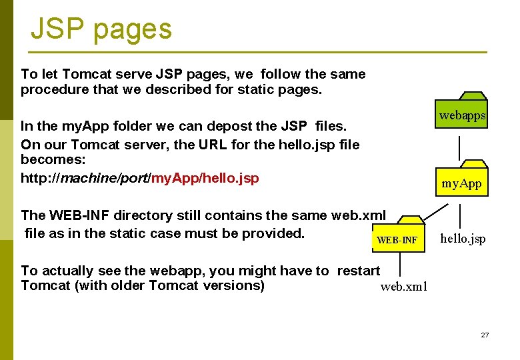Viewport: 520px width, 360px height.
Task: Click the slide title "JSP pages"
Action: [101, 29]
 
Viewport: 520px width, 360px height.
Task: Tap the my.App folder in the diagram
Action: [461, 179]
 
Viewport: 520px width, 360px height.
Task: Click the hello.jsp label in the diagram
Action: [463, 239]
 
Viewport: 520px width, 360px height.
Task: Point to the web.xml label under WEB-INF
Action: [403, 287]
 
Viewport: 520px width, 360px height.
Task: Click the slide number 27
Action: [485, 335]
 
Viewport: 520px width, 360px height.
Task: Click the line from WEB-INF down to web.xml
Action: [399, 264]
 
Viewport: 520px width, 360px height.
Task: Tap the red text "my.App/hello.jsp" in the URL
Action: [205, 178]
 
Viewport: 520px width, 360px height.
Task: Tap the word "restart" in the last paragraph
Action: [358, 270]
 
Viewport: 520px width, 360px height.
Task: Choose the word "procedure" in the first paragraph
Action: [54, 89]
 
